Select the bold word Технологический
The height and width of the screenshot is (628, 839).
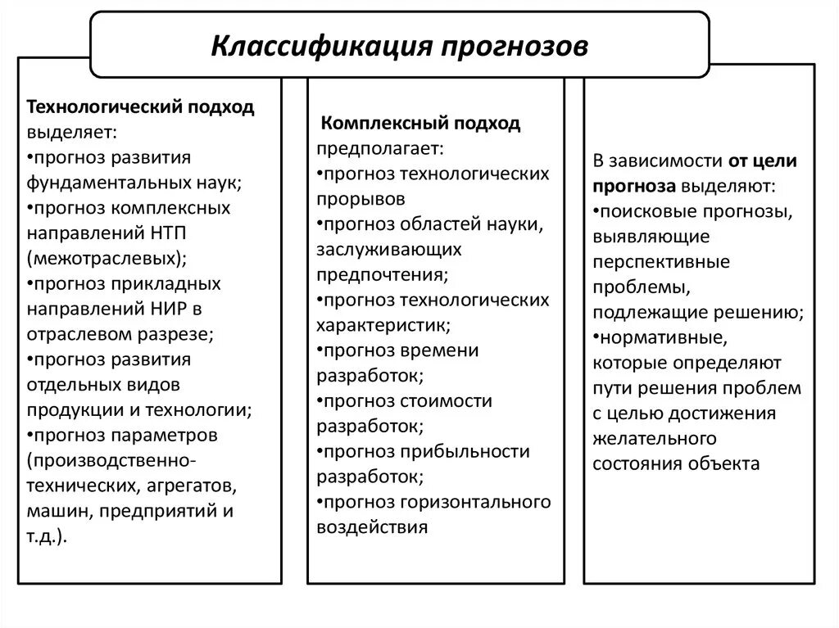[107, 108]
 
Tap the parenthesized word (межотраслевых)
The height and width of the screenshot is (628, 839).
[107, 258]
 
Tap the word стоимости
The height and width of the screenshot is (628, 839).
[447, 401]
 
